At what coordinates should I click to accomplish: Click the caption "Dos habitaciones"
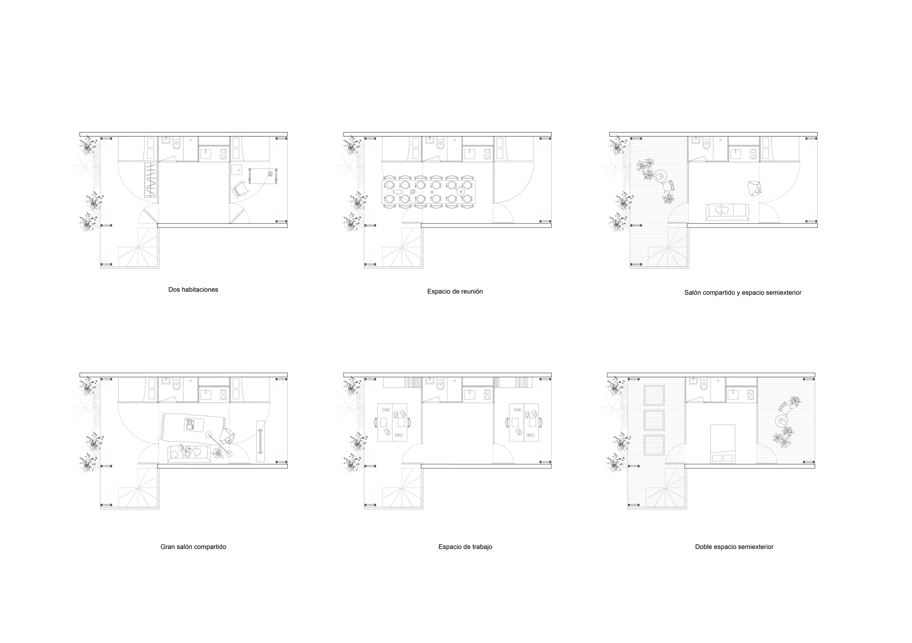click(193, 290)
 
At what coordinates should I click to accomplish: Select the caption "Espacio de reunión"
click(455, 292)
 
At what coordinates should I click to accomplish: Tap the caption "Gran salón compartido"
click(193, 547)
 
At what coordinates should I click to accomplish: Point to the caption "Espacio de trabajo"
click(466, 547)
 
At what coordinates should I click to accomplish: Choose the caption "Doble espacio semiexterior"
click(734, 547)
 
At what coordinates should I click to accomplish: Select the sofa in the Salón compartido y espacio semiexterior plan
click(727, 212)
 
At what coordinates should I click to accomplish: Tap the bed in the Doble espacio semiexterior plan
click(723, 444)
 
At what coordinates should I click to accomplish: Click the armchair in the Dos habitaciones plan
click(240, 189)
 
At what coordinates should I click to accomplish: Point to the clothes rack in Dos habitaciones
click(150, 180)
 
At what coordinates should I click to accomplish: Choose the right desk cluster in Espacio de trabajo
click(525, 422)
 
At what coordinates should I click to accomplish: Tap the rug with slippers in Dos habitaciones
click(264, 176)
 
